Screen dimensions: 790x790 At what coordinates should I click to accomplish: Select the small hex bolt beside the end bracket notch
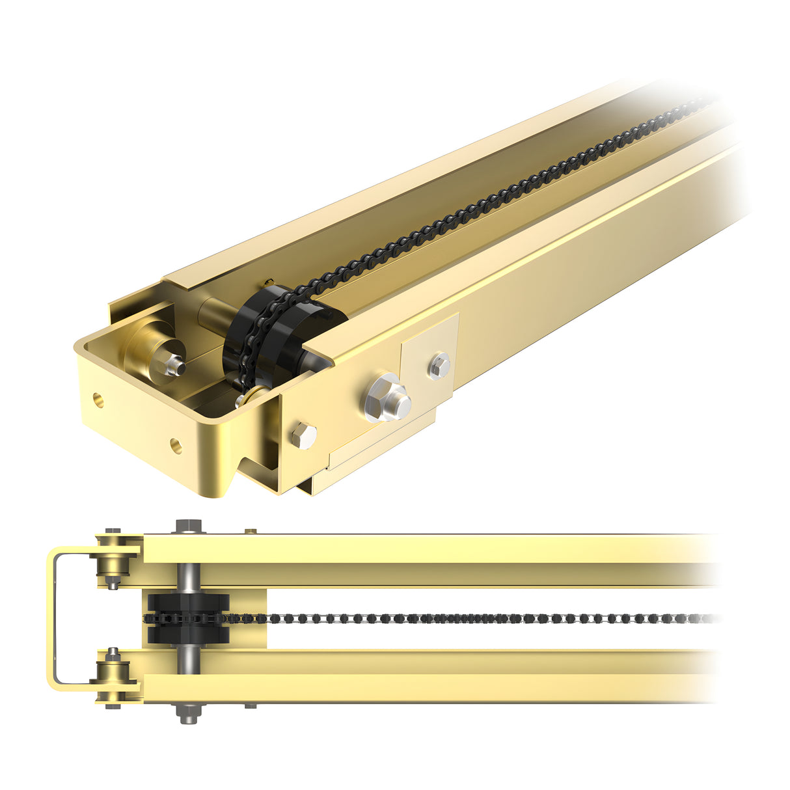tap(304, 434)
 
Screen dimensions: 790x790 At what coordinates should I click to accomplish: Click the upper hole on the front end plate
tap(98, 399)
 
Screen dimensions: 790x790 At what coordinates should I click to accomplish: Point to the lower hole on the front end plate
tap(176, 446)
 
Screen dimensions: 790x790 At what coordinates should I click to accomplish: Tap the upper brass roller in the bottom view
tap(113, 562)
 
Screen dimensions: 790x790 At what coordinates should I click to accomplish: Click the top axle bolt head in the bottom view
tap(189, 525)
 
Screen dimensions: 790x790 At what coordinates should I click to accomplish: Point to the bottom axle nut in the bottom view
tap(189, 713)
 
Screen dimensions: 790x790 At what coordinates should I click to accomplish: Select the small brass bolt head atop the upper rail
tap(250, 532)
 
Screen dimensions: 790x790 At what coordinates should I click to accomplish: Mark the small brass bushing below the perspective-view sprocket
tap(252, 394)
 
